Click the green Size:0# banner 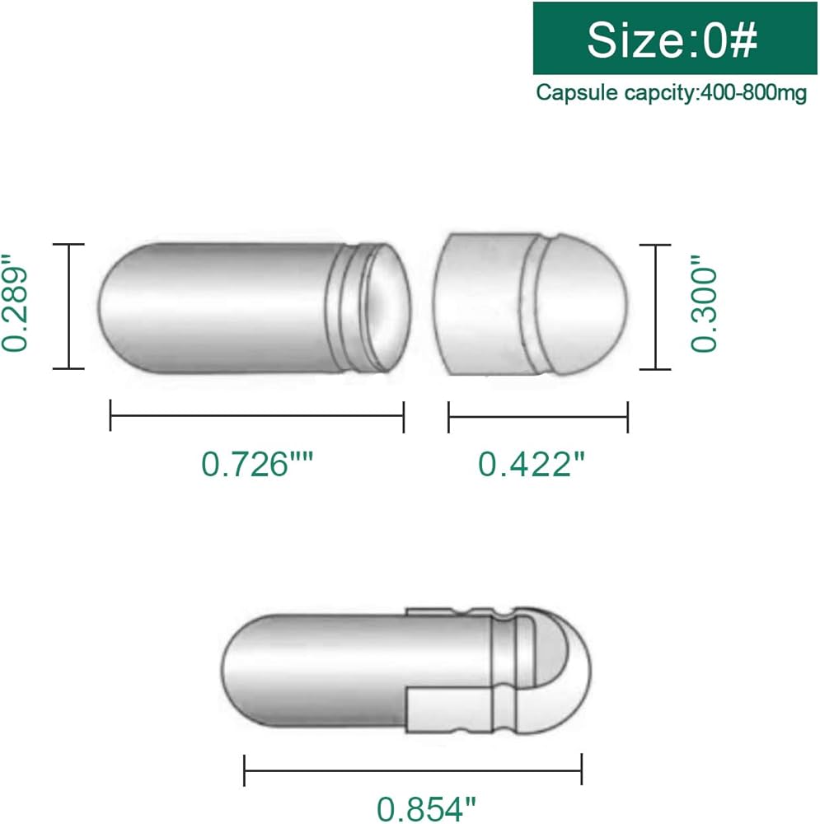tap(675, 38)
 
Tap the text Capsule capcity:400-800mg tap(671, 93)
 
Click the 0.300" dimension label tap(704, 304)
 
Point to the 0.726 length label tap(257, 464)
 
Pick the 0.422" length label tap(532, 464)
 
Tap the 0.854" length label tap(426, 809)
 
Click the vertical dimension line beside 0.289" tap(69, 307)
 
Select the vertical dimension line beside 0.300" tap(655, 307)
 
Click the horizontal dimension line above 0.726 tap(257, 415)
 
